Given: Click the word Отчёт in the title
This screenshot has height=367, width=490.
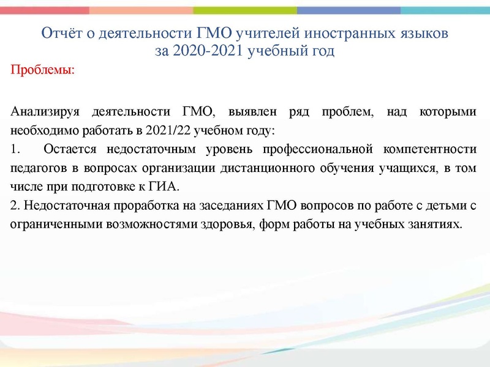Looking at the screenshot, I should point(59,34).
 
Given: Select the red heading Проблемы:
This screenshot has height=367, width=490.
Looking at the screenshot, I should point(43,70).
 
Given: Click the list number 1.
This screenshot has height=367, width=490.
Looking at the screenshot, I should point(15,149).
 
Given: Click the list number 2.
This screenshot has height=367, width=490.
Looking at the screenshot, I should point(15,205).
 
